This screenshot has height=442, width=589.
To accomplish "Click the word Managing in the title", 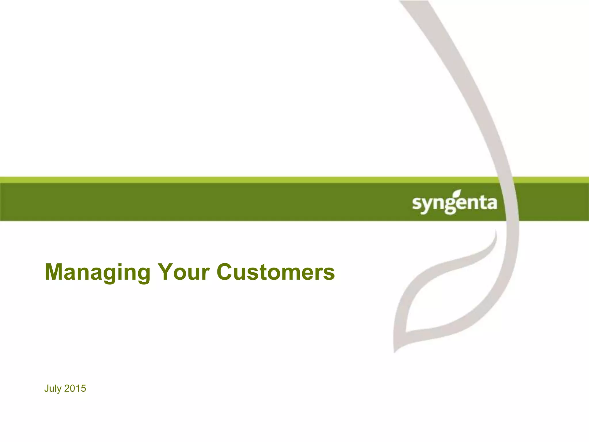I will click(97, 272).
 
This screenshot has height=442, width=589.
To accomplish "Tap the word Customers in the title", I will click(276, 272).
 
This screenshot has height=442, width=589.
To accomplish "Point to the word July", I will click(53, 389).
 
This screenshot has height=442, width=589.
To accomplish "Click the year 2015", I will click(75, 388).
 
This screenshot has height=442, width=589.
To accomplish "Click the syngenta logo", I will click(454, 203).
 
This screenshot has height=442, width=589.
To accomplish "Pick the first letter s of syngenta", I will click(416, 203).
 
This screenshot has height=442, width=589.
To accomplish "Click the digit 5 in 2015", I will click(83, 388).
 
